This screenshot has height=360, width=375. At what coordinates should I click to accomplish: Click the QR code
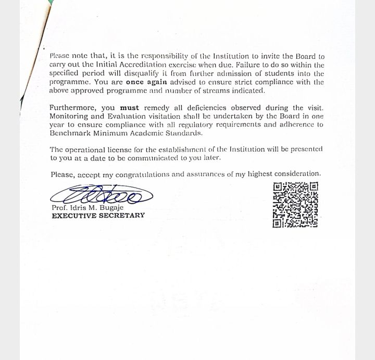295,205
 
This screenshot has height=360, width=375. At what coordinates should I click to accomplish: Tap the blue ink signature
102,195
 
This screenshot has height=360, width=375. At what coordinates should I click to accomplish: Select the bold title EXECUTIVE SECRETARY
98,216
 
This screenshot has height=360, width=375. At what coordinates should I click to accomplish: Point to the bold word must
130,108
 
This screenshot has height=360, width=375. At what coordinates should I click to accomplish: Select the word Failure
249,65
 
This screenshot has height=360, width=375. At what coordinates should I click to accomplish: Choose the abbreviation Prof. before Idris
59,208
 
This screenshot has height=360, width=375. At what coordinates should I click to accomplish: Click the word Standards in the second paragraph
170,133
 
